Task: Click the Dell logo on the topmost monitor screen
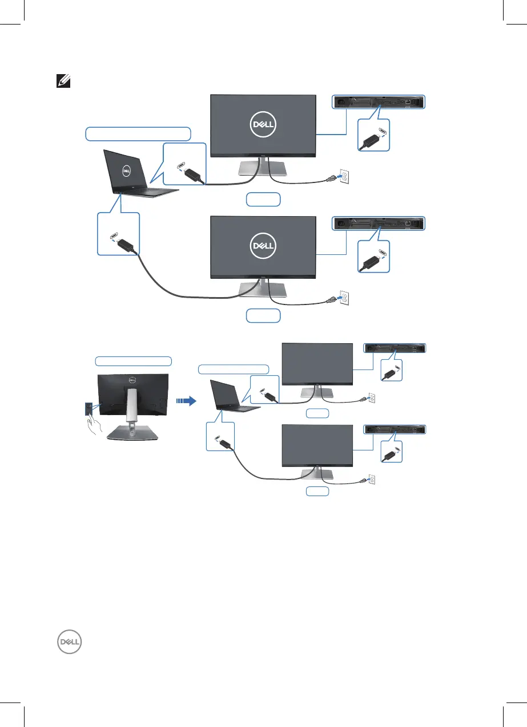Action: pos(263,125)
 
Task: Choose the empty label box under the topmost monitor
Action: pos(263,200)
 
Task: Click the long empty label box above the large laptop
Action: pos(138,133)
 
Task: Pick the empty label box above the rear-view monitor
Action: pos(133,360)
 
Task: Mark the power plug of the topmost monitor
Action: pos(330,180)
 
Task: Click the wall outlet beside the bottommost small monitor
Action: pos(372,480)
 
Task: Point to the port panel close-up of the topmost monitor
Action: pos(379,103)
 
